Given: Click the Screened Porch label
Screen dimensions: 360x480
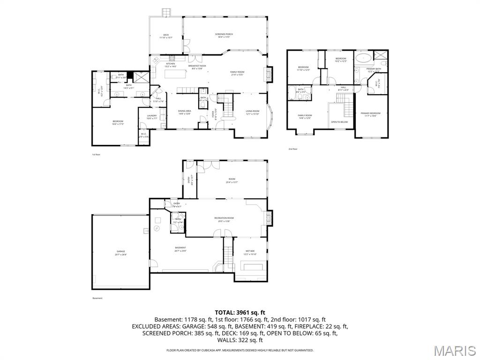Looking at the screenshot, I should point(224,35).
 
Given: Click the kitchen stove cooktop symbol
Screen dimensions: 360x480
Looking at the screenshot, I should point(172,59).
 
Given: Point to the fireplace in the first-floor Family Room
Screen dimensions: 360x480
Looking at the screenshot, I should point(269,74).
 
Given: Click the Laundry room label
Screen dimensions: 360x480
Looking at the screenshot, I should point(151,117).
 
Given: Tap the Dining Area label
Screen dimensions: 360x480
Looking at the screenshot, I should point(185,112).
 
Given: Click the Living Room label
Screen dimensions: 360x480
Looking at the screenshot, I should point(253,112).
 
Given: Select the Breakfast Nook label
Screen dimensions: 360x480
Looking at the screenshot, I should point(197,67).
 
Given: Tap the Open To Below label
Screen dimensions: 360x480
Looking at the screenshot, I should point(339,122).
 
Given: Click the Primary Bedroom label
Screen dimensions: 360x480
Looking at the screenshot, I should point(371,114).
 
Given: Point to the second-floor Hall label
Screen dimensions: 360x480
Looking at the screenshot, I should point(344,88).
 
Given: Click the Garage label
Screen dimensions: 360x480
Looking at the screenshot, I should point(121,252).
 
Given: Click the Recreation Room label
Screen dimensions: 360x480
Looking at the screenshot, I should point(224,219).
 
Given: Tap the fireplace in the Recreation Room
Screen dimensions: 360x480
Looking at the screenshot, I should point(269,217).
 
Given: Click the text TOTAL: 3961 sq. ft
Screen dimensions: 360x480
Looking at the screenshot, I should point(240,312).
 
